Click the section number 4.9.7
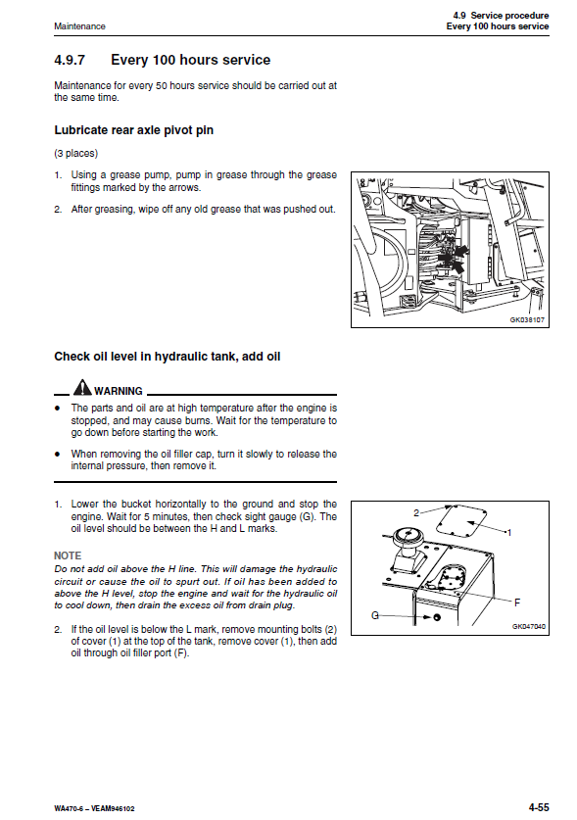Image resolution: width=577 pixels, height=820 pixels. (69, 60)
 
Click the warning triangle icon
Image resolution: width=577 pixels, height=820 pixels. (82, 387)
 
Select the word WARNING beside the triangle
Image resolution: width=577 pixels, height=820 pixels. (119, 391)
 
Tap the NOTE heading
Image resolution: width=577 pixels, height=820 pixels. (68, 555)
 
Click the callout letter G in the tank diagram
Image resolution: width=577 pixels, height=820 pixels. (374, 615)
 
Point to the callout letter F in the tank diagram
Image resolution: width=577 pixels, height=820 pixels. (517, 603)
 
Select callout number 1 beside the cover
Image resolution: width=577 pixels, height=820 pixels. (509, 533)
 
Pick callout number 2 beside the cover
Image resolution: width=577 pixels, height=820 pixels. (416, 513)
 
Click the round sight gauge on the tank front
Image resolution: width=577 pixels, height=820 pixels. (437, 617)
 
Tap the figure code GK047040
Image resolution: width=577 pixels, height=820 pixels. (528, 626)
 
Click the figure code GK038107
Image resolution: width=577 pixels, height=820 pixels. (527, 319)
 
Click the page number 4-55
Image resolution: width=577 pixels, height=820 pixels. (538, 807)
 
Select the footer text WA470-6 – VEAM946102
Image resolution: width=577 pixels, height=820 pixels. (94, 808)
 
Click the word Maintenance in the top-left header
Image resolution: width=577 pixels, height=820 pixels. (79, 26)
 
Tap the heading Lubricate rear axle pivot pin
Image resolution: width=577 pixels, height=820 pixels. (134, 130)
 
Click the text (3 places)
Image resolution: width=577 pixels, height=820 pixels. (75, 153)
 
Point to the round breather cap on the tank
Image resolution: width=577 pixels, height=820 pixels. (406, 535)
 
